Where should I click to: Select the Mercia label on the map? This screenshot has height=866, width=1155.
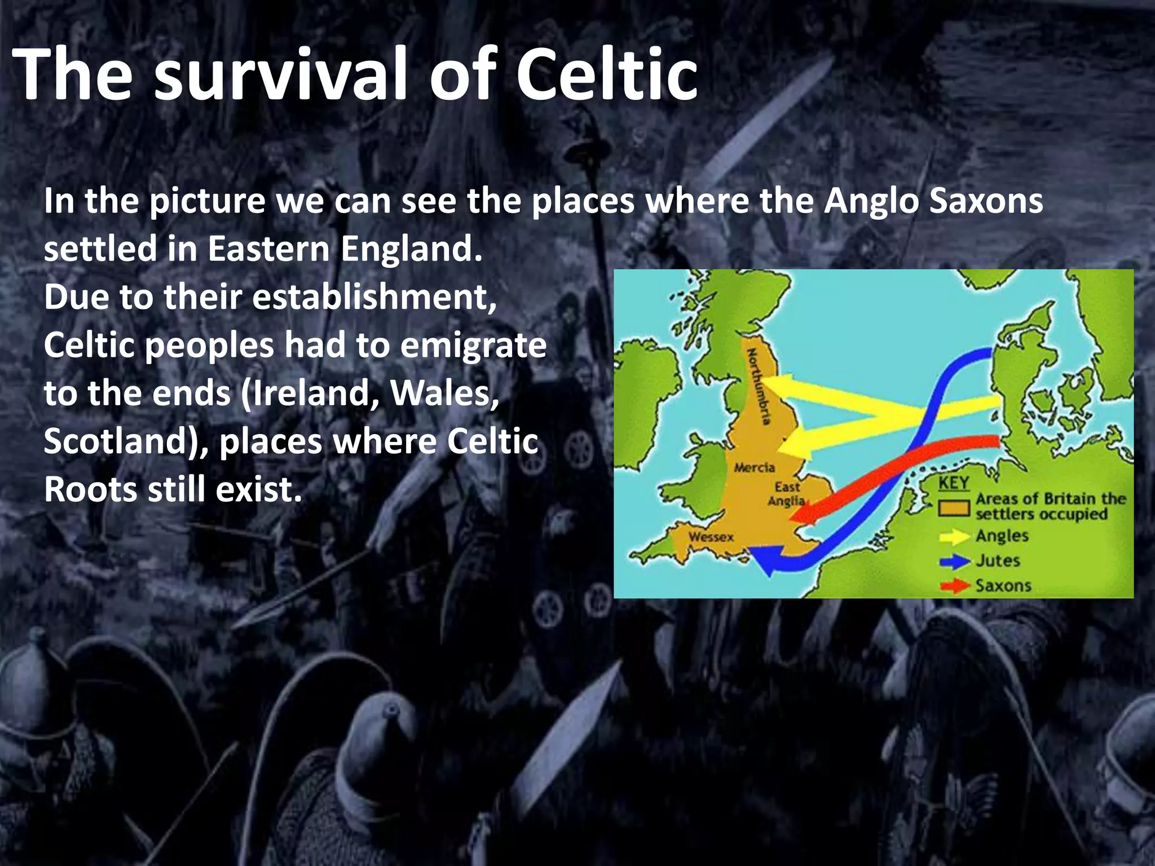(754, 467)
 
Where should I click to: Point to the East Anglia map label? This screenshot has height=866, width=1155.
(786, 493)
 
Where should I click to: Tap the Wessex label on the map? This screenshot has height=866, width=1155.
(711, 536)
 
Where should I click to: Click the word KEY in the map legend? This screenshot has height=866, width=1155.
(954, 483)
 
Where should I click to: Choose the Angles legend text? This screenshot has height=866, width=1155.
(1002, 536)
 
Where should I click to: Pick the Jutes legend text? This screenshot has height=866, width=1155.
(998, 560)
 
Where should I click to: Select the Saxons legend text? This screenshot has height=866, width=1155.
(1003, 585)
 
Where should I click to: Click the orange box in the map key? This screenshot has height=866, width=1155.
(954, 508)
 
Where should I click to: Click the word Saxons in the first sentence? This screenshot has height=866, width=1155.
(986, 201)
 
